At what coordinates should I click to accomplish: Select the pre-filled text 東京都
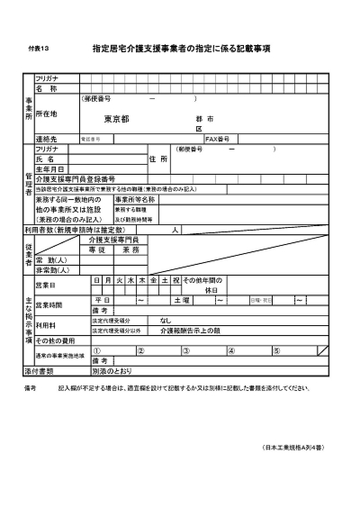tap(116, 119)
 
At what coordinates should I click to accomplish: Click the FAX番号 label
tap(219, 139)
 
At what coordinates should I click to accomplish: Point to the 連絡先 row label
tap(47, 139)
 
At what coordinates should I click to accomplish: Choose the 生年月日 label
tap(51, 168)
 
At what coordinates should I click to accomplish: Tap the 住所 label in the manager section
tap(158, 159)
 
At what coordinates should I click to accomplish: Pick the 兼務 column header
tap(130, 249)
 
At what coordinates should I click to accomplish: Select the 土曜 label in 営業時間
tap(181, 299)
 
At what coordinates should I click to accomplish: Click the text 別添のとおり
tap(112, 370)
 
